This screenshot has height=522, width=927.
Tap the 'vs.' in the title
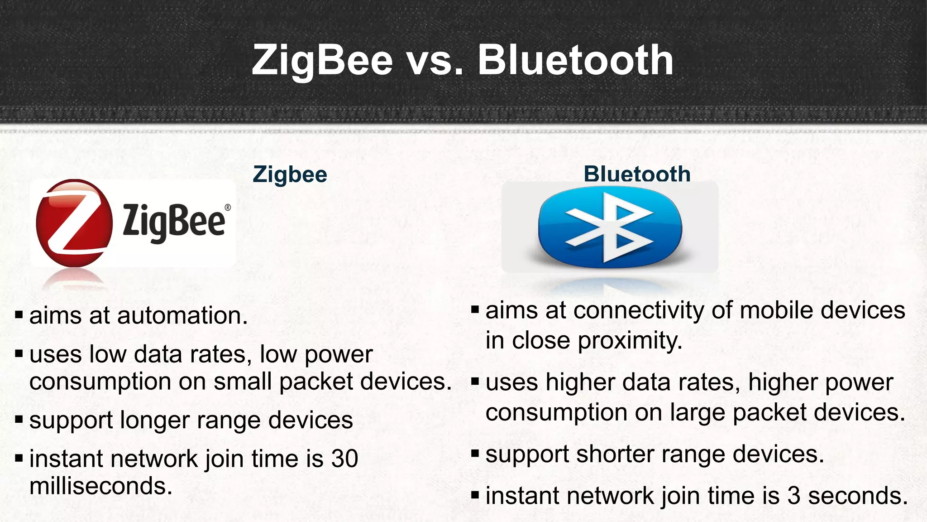[x=436, y=61]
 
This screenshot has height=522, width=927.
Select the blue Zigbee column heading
[x=290, y=174]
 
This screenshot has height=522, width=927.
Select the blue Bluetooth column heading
[x=637, y=174]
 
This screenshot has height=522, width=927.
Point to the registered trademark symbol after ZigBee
[x=227, y=208]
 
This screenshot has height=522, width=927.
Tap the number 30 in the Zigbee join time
[x=344, y=459]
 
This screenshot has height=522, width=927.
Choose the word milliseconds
[x=100, y=486]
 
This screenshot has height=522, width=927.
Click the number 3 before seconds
[x=793, y=496]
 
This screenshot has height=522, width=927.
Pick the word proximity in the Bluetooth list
[x=630, y=341]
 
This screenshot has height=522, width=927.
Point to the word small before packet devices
[x=242, y=382]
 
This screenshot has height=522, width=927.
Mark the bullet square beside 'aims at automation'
[x=19, y=314]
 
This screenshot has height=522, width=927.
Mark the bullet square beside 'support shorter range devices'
[x=475, y=453]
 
